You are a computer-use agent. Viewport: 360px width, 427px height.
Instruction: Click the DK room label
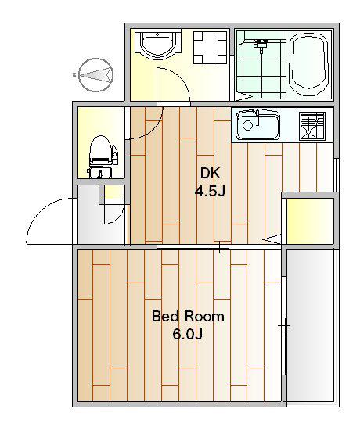pos(210,173)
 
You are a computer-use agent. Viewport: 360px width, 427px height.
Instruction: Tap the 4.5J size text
pos(210,191)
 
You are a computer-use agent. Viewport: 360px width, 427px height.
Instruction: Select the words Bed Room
pos(188,316)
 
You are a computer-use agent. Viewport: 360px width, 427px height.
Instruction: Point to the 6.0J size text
pos(188,334)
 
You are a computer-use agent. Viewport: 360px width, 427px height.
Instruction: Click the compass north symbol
pos(95,74)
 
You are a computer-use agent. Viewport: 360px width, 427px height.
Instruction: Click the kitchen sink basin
pos(257,124)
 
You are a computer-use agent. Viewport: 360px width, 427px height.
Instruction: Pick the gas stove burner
pos(312,126)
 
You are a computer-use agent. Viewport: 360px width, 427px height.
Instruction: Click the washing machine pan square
pos(210,48)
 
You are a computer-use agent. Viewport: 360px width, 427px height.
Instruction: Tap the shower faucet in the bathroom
pos(261,45)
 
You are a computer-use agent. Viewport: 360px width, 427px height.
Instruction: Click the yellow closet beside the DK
pos(310,221)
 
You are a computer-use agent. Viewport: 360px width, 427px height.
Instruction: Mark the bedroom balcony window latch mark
pos(283,325)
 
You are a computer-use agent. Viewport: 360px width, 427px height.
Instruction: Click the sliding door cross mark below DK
pos(219,247)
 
